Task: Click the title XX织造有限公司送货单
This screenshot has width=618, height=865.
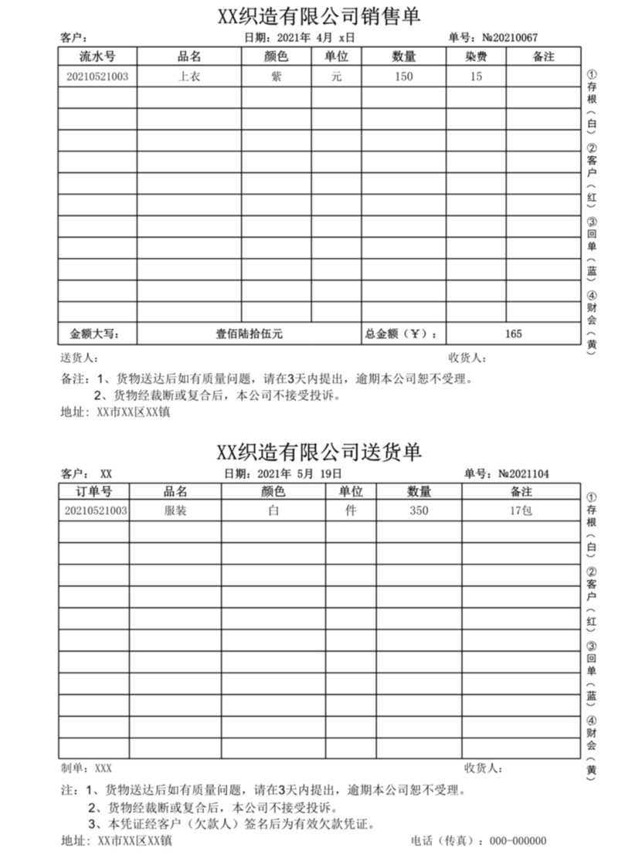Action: click(x=319, y=452)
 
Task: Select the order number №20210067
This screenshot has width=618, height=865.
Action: click(x=510, y=37)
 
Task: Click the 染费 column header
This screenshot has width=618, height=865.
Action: click(x=476, y=56)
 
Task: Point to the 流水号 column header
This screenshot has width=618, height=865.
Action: click(x=97, y=56)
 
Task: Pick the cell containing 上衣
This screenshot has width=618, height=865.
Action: click(x=189, y=76)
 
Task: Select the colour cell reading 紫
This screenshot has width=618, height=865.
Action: click(x=277, y=76)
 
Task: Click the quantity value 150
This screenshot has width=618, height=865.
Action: click(x=403, y=76)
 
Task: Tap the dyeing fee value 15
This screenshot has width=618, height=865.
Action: click(x=476, y=76)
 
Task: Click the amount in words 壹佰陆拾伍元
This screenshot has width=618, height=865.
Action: click(x=249, y=334)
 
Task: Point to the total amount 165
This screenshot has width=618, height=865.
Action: click(x=513, y=334)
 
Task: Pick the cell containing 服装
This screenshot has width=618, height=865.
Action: click(x=175, y=511)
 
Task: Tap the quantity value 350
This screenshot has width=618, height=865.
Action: click(x=419, y=511)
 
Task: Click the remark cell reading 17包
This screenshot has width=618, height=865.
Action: click(x=521, y=511)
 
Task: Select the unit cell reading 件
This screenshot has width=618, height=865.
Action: click(x=351, y=511)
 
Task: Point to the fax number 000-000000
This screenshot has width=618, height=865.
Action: click(x=518, y=841)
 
